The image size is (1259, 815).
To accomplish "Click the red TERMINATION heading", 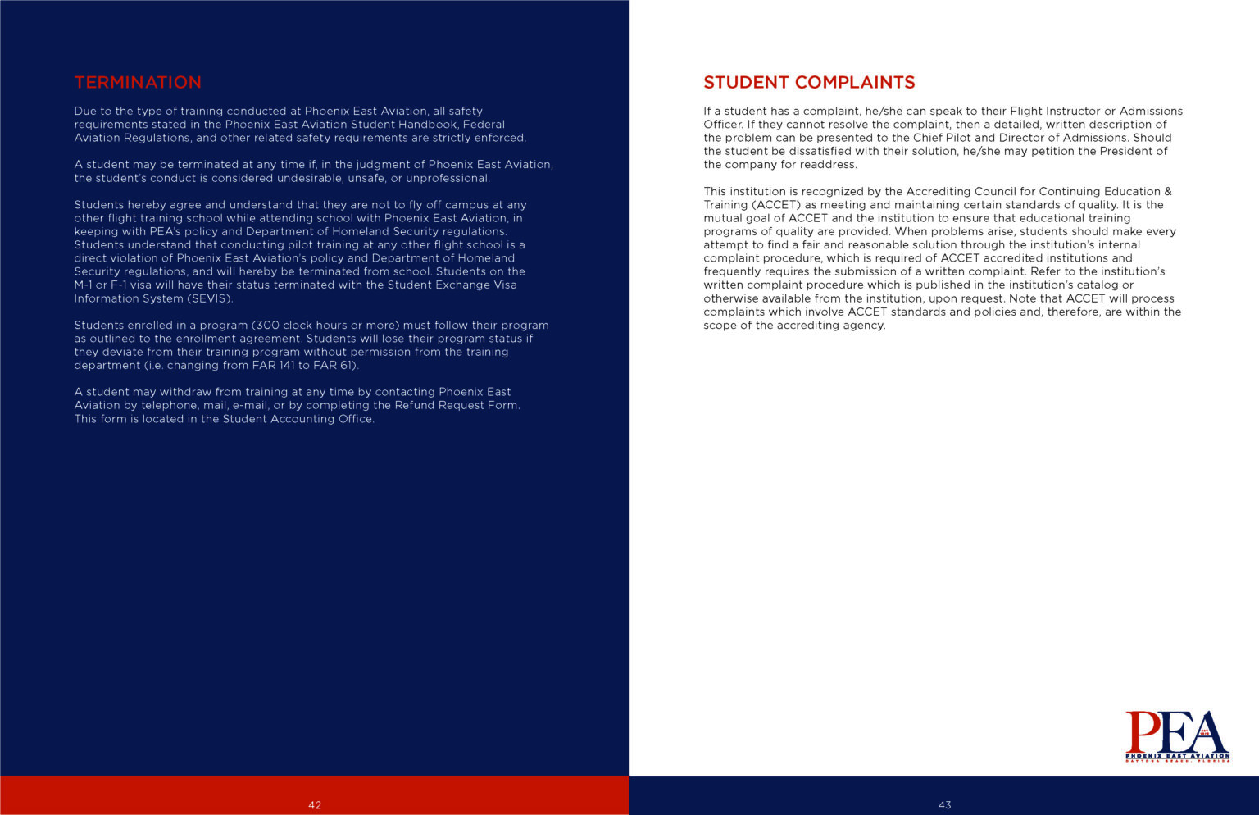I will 138,83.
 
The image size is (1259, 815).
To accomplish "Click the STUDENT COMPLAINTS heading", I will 809,83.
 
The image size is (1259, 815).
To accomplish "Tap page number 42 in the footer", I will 315,805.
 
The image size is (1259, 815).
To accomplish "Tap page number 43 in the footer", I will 944,805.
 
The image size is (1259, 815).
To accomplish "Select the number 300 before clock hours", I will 266,326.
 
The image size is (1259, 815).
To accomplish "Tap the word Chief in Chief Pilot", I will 929,138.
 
